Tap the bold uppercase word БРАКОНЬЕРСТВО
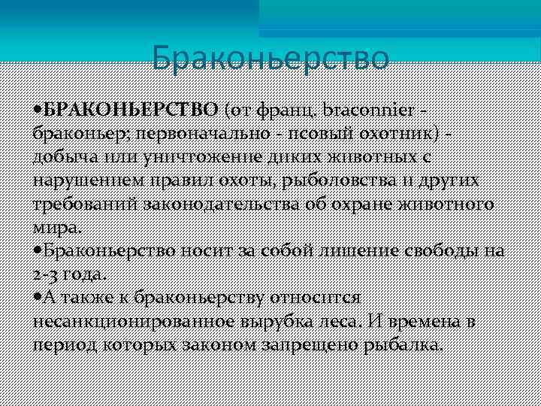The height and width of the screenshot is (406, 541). (x=131, y=111)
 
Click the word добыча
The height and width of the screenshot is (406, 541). (x=63, y=157)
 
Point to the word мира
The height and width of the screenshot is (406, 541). (x=59, y=228)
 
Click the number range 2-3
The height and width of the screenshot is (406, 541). (x=49, y=274)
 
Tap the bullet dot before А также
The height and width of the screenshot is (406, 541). (x=38, y=298)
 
